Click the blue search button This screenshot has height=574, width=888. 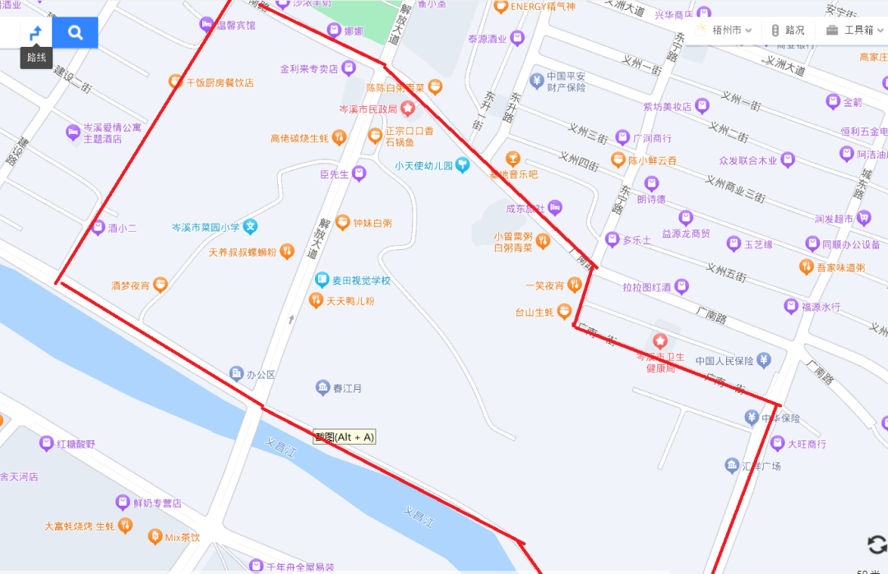pyautogui.click(x=75, y=33)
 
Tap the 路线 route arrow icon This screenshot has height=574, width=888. pyautogui.click(x=35, y=33)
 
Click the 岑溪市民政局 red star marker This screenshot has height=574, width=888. pyautogui.click(x=407, y=109)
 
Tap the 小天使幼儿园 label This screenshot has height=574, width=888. pyautogui.click(x=423, y=166)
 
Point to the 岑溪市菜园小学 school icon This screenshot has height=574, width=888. pyautogui.click(x=251, y=226)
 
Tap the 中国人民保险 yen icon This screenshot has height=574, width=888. pyautogui.click(x=764, y=359)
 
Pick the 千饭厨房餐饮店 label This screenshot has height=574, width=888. pyautogui.click(x=220, y=82)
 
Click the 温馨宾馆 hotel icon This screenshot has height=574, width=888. pyautogui.click(x=206, y=25)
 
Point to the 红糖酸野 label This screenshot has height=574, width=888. pyautogui.click(x=76, y=444)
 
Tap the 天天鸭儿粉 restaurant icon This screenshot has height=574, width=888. pyautogui.click(x=316, y=301)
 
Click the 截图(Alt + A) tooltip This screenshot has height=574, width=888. pyautogui.click(x=344, y=437)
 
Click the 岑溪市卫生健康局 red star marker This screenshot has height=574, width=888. pyautogui.click(x=659, y=340)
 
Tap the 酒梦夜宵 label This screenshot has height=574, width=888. pyautogui.click(x=131, y=285)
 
